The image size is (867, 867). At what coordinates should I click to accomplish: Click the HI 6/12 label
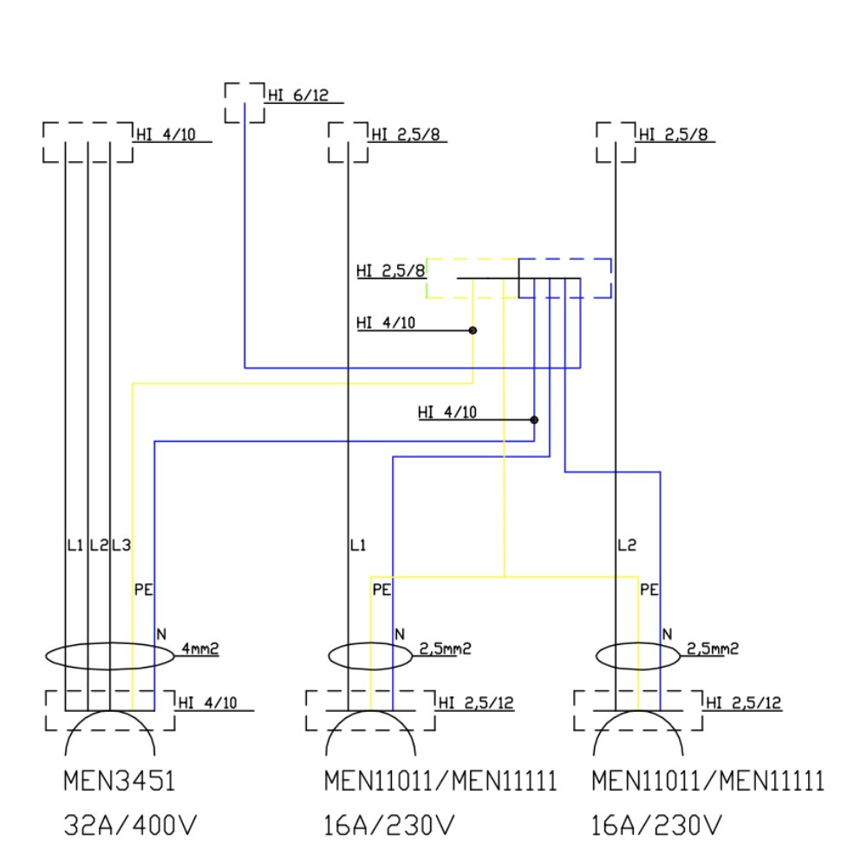point(298,96)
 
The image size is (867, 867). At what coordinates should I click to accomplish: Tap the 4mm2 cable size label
point(200,648)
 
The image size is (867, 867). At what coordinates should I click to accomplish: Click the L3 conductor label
point(121,546)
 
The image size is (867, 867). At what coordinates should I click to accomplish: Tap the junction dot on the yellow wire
point(473,330)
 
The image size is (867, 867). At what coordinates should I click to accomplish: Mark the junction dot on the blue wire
point(534,420)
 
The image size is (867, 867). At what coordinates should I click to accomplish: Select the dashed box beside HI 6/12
point(244,102)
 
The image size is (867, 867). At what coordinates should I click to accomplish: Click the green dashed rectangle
point(473,277)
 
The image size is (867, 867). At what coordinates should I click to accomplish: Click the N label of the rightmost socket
point(667,634)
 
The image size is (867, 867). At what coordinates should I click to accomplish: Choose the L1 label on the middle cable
point(358,546)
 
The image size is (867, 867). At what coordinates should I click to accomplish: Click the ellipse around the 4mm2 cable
point(110,655)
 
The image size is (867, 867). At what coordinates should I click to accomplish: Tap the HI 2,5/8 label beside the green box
point(390,271)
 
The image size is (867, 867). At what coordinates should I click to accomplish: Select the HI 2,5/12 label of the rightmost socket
point(744,703)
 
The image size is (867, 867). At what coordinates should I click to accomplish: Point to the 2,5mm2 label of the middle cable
point(445,648)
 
